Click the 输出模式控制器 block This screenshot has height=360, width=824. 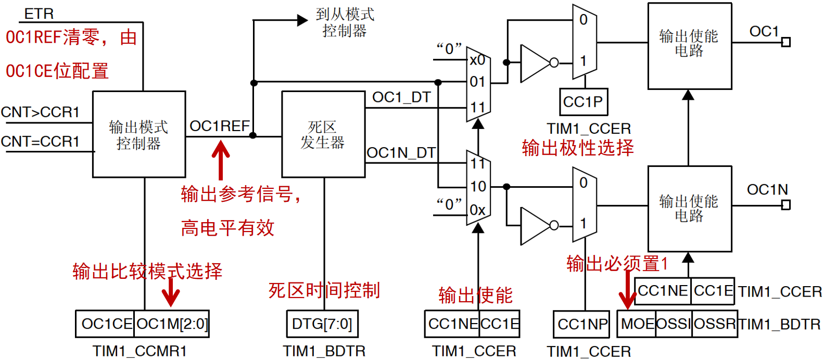(x=138, y=134)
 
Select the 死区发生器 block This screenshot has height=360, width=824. (x=323, y=134)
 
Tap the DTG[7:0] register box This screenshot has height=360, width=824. (x=322, y=324)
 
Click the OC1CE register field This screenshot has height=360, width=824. (x=106, y=324)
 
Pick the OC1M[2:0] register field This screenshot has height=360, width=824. (x=172, y=324)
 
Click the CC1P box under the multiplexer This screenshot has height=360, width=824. (x=583, y=102)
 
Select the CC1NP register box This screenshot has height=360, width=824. (x=582, y=324)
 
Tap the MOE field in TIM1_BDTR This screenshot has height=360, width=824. (x=637, y=324)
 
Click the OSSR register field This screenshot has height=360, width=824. (x=715, y=324)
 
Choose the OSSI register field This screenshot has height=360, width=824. (x=674, y=324)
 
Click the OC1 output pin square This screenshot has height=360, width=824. (x=786, y=42)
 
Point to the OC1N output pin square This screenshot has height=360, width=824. (x=786, y=205)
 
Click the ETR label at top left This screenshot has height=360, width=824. (x=39, y=14)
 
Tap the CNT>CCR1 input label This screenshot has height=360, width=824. (x=41, y=112)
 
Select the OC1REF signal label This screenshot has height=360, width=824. (x=219, y=126)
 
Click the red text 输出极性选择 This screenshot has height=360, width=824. (x=578, y=148)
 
